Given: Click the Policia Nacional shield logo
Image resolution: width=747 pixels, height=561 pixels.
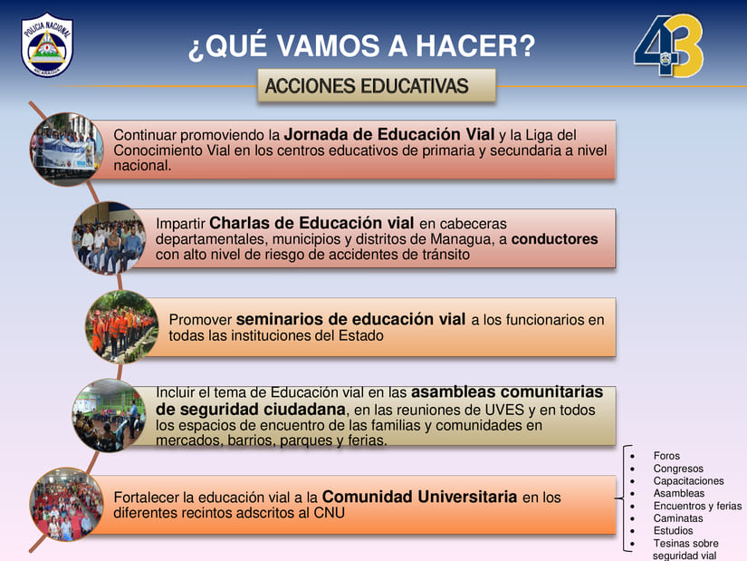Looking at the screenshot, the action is point(47,44).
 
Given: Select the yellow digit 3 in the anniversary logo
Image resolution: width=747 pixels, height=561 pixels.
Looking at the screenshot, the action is point(686,46).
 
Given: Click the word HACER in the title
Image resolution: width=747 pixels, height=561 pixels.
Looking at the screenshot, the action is point(475,46).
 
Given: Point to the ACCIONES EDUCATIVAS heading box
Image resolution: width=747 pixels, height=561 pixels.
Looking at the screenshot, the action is point(377,86).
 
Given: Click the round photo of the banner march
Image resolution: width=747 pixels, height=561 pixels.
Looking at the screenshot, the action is point(67,150).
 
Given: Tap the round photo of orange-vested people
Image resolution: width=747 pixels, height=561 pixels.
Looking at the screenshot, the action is point(122,327).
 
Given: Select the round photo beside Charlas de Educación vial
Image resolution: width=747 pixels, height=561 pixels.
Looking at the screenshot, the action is point(109,238).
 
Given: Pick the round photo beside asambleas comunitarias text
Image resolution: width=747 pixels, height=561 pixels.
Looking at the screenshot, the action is point(109,415).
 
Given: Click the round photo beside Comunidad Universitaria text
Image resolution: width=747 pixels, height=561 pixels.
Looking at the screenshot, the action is point(67,504).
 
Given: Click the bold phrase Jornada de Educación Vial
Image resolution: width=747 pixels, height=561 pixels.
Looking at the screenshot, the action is point(389,134).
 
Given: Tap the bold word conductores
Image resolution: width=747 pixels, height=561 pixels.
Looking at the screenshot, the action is point(554,239).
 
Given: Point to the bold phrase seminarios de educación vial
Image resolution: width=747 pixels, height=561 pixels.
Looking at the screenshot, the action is point(350,319).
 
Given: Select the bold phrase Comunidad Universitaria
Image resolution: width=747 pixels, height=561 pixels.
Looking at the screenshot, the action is point(420,497).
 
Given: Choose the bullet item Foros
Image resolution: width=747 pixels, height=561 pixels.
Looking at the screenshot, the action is point(666,456).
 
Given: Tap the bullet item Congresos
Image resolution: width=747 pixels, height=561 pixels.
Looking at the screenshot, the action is point(678,469).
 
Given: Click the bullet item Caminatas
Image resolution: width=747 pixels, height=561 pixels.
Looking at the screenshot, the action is point(678,518).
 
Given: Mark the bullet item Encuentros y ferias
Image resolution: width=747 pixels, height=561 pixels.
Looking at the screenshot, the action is point(697,506).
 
